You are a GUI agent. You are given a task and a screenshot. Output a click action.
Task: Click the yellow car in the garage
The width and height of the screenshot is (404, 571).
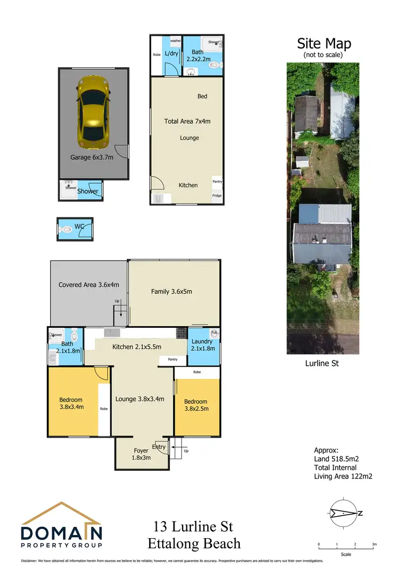94,112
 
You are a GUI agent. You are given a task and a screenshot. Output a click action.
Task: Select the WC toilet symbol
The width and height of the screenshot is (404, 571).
67,229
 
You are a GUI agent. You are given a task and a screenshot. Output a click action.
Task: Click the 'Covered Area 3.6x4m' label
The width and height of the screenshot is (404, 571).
89,285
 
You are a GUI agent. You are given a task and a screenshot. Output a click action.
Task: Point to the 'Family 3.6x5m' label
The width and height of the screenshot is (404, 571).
171,292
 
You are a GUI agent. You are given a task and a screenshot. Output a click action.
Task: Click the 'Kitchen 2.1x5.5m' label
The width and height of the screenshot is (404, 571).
137,347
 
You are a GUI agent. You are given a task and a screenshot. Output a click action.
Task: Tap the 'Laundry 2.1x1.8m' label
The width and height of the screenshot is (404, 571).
202,345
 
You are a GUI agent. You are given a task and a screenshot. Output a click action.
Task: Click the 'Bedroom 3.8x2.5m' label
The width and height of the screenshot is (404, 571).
196,405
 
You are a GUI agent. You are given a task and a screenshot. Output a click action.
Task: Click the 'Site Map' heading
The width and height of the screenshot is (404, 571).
324,44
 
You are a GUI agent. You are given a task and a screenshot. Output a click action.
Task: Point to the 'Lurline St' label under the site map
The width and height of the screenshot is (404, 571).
322,363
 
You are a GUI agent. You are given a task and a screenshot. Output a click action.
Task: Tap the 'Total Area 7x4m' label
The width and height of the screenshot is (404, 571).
187,122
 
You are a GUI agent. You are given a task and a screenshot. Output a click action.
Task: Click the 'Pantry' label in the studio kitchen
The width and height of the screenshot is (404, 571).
217,182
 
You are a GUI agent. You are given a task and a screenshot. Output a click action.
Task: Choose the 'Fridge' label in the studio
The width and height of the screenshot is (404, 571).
217,196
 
